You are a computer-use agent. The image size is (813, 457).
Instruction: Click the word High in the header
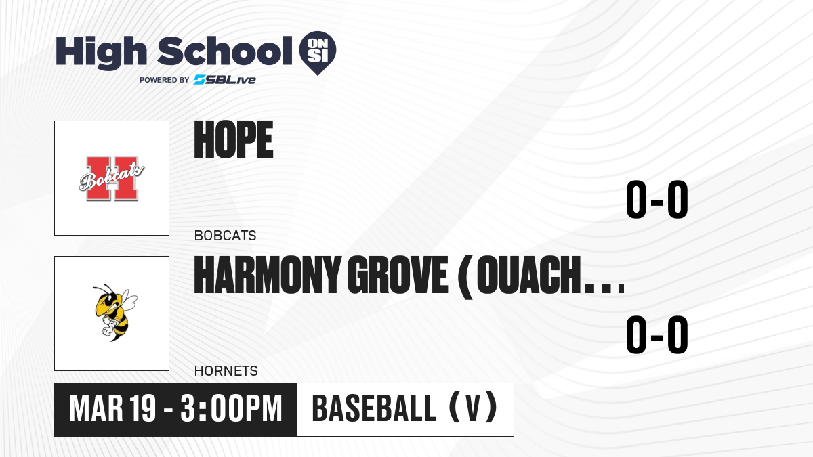coord(101,52)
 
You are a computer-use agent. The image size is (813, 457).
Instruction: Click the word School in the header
coord(225,51)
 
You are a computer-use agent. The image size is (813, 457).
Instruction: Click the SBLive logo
coord(225,79)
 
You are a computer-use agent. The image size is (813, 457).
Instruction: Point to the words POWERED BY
coord(165,80)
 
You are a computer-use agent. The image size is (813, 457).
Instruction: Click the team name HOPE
coord(233,139)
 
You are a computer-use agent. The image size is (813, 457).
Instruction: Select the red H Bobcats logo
coord(112,179)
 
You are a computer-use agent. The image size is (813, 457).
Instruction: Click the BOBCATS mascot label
coord(225,236)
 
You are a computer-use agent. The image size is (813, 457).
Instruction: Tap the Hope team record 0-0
coord(657,199)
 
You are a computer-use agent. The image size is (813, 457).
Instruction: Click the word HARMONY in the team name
coord(267,275)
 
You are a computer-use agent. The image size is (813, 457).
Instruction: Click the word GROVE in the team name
coord(398,275)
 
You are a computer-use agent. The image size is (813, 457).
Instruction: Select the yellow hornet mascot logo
coord(115,312)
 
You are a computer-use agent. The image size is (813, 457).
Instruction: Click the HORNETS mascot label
coord(226,371)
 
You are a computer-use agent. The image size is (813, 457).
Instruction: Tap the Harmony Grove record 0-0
coord(657,334)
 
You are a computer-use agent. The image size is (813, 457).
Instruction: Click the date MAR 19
coord(112,409)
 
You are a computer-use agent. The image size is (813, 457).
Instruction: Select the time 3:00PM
coord(231,409)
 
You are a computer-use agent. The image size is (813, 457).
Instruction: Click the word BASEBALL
coord(374,409)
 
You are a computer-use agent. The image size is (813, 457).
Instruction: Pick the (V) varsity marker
coord(473,408)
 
